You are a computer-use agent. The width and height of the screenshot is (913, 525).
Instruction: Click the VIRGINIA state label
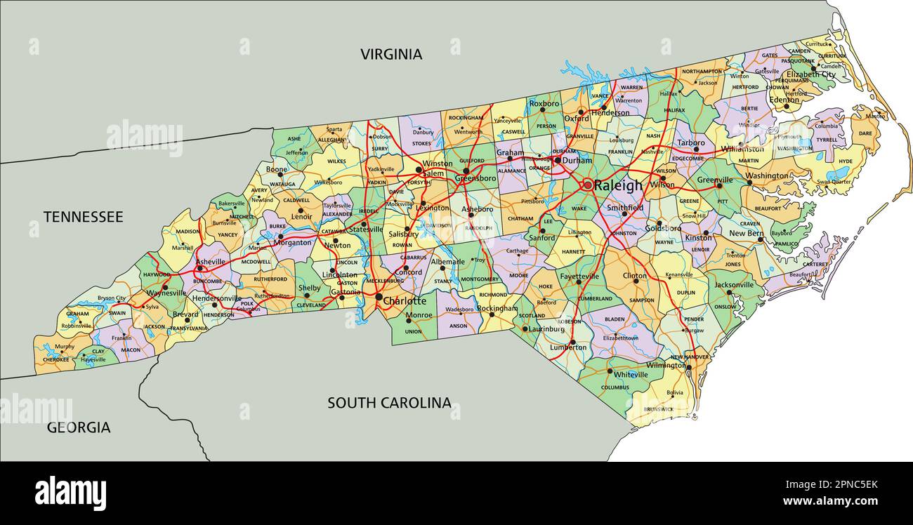391,54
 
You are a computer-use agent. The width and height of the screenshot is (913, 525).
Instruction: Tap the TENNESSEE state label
83,217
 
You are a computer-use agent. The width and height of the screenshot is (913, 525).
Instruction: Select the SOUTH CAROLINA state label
389,403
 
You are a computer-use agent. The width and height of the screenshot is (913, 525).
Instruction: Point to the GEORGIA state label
79,427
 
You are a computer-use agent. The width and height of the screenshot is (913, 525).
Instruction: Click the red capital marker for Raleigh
587,185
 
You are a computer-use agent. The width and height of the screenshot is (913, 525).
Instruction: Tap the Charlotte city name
405,301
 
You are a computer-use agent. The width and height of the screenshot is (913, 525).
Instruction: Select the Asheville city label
211,262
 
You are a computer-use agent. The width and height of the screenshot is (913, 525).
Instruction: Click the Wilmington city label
666,365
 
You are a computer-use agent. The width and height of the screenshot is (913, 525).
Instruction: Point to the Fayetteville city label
579,277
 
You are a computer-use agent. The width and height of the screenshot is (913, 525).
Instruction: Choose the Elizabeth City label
810,74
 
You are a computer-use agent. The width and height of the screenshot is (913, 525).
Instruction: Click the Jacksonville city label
734,285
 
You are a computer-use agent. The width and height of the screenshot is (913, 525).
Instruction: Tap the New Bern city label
746,234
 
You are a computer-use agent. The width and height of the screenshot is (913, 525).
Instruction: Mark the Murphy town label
65,347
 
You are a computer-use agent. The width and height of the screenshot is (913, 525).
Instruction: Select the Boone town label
276,169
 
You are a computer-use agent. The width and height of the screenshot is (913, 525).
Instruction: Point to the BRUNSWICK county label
658,409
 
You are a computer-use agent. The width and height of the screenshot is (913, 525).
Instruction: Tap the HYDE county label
846,161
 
